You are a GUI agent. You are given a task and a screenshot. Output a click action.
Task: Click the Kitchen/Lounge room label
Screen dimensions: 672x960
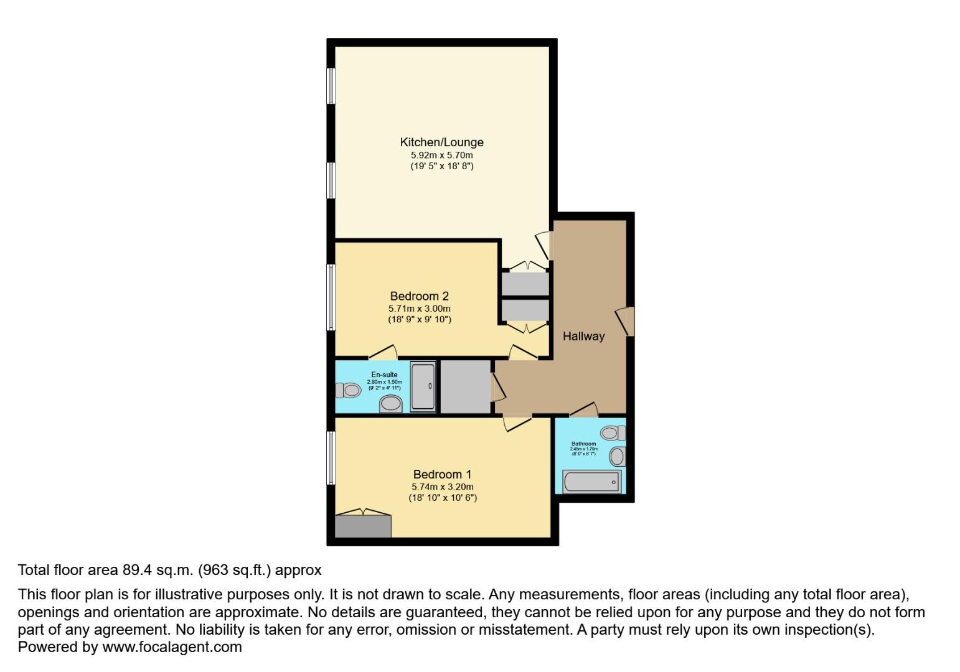point(441,142)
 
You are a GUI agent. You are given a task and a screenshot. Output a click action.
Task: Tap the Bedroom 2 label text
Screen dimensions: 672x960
point(419,296)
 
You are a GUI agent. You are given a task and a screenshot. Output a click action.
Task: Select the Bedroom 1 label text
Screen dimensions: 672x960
point(442,475)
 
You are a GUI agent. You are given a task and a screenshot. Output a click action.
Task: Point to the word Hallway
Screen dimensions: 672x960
point(583,337)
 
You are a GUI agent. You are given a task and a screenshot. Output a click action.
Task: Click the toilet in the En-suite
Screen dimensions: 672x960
point(348,390)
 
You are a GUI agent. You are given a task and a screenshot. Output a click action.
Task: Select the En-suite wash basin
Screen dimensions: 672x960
point(391,404)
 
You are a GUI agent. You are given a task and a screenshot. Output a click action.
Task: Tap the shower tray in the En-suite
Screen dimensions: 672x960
point(423,387)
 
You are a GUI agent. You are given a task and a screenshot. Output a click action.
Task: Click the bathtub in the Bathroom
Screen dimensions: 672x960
point(591,482)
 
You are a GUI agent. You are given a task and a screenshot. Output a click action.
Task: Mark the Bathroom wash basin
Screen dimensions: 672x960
point(617,457)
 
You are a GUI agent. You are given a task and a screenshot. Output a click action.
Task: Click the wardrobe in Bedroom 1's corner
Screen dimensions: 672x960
point(363,526)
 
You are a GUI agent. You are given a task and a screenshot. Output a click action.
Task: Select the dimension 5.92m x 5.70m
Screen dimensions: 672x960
point(441,155)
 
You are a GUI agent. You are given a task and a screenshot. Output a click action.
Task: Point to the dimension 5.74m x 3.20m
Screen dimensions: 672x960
point(442,487)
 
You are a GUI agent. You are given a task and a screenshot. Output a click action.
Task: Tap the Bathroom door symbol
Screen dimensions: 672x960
point(584,410)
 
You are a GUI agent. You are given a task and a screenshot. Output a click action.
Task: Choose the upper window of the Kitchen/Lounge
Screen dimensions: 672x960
point(332,86)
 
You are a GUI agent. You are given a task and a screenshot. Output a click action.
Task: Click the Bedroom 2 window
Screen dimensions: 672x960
point(332,297)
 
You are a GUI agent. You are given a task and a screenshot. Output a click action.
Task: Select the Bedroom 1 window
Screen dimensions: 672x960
point(332,458)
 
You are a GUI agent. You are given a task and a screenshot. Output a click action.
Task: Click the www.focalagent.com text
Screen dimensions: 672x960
point(172,647)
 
